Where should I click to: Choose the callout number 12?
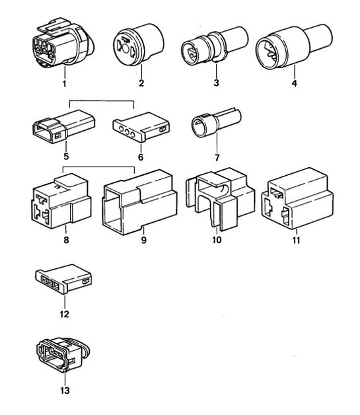pos(64,316)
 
